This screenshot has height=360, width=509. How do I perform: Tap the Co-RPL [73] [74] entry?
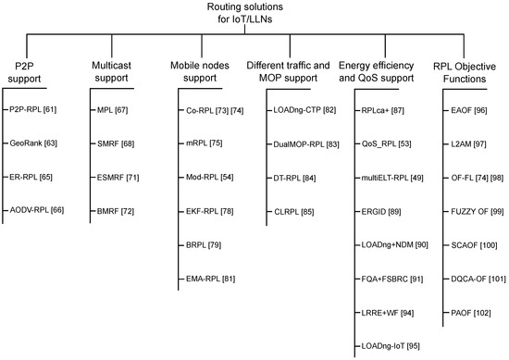(x=210, y=110)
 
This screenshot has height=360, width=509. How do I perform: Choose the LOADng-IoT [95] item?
(x=388, y=345)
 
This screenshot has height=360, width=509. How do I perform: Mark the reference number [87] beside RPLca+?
(x=397, y=110)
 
